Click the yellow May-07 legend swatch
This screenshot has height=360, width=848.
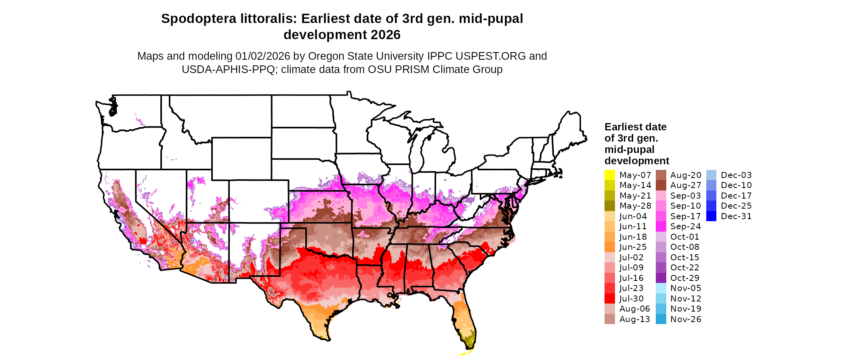click(x=609, y=175)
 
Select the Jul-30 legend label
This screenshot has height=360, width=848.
click(x=632, y=299)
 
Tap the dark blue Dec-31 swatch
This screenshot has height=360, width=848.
click(x=711, y=216)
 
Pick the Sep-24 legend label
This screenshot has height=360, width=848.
click(x=685, y=226)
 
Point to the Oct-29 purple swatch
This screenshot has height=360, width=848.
click(x=661, y=278)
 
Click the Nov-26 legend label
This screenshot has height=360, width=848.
click(x=686, y=319)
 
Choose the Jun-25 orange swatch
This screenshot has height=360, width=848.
click(x=609, y=247)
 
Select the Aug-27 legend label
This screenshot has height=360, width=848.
click(x=686, y=185)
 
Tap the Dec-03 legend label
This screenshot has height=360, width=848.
click(x=736, y=175)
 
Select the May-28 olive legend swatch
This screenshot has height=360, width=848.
click(x=609, y=206)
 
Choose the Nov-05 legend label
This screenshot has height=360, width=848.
click(x=686, y=288)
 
